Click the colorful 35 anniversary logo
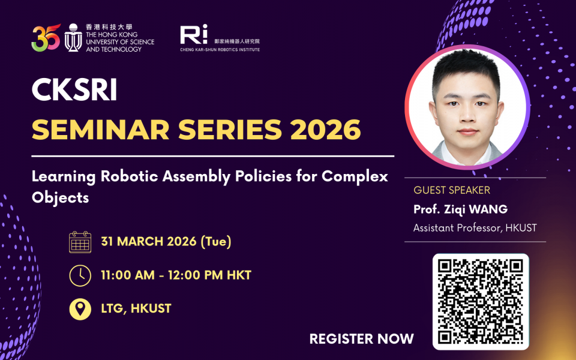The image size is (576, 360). [46, 37]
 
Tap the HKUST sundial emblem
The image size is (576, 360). [73, 37]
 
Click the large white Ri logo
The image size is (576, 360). [194, 34]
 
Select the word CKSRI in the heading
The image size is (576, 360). [74, 89]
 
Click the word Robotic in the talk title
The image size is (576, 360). [130, 176]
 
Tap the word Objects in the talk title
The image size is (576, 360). [60, 197]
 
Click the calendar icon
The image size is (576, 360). [80, 242]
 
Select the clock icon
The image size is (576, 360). [80, 275]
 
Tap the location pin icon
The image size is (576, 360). [80, 309]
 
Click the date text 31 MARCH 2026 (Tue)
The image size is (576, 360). [166, 242]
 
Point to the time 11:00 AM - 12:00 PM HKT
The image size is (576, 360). [176, 275]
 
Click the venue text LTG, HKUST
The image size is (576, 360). [136, 308]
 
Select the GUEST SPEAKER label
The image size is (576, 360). [452, 190]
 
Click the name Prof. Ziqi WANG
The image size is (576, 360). [460, 209]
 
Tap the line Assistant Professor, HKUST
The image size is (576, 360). [475, 228]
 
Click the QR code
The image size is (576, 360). [481, 302]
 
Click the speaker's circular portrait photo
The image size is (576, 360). [467, 107]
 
